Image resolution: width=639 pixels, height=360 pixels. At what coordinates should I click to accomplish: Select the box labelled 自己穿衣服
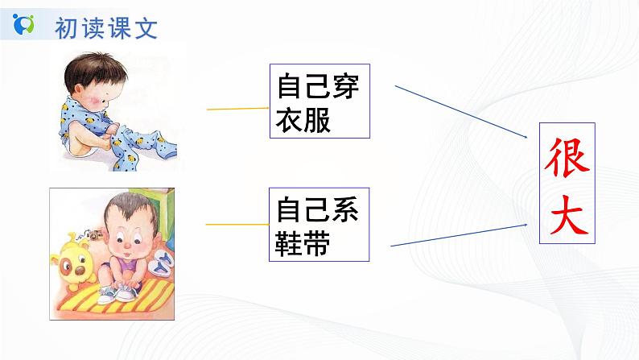318,102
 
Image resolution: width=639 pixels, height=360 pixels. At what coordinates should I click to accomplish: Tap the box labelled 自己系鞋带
318,225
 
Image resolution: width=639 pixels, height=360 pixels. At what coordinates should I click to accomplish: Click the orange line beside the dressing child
237,108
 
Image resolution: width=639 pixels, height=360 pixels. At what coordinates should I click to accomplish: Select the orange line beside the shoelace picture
237,225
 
